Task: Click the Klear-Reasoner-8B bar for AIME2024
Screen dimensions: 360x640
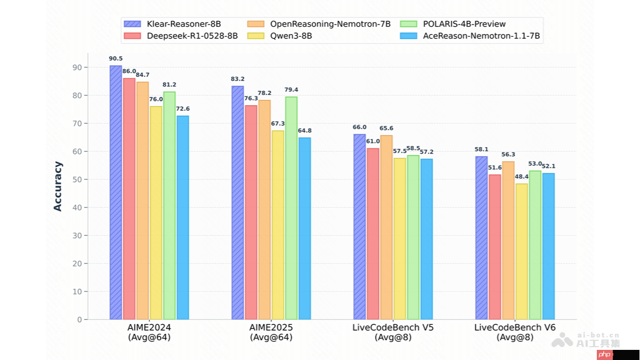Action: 116,192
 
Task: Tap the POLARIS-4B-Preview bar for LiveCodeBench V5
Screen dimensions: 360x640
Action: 413,237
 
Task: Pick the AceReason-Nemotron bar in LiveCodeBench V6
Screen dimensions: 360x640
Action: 548,246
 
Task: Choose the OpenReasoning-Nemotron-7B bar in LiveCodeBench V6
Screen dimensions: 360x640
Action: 508,240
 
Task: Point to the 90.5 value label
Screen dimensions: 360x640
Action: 116,59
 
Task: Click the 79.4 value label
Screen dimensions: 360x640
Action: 291,90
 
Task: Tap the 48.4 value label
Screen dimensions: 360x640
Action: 522,177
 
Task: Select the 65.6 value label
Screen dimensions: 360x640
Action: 387,129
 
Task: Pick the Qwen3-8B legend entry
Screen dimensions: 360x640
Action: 291,36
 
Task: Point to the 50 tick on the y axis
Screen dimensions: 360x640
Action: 78,179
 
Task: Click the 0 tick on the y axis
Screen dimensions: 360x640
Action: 79,319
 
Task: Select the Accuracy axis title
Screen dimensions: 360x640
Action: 58,186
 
